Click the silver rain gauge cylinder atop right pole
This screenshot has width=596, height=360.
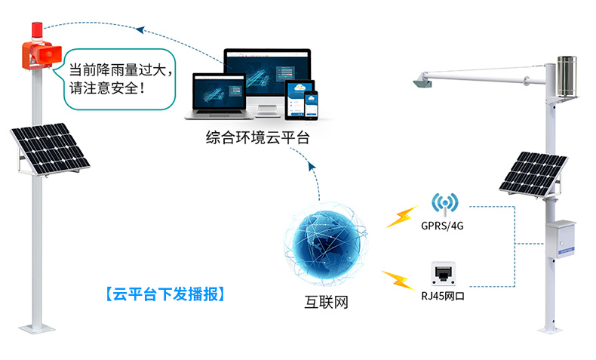pyautogui.click(x=567, y=75)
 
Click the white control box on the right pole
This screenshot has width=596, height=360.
pyautogui.click(x=561, y=240)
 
